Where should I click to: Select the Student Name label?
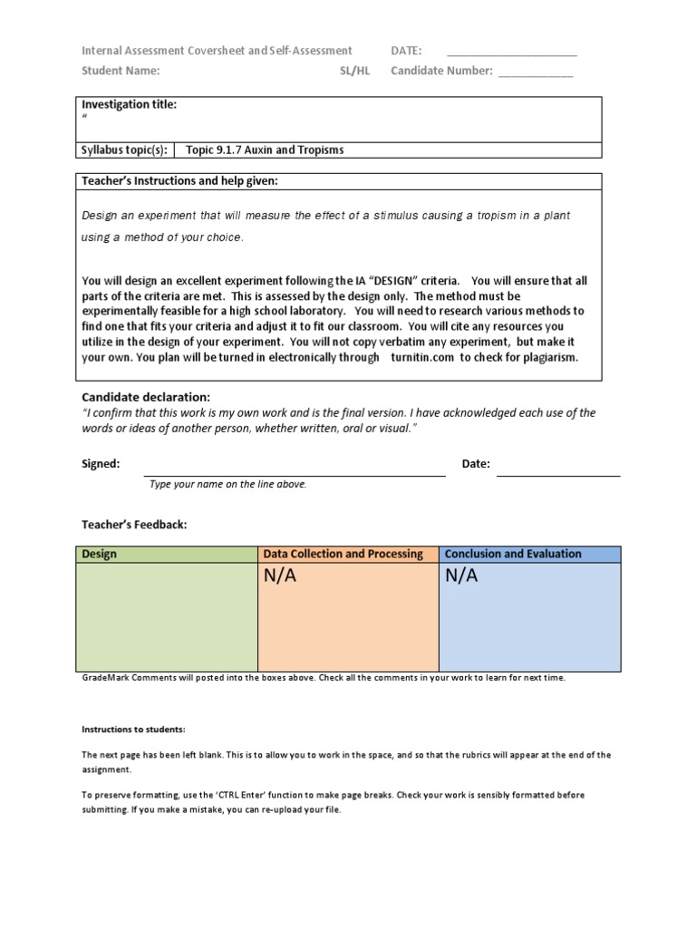121,71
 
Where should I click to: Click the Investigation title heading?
129,104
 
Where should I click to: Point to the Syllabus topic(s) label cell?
124,150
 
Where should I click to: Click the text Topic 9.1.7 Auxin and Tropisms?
265,150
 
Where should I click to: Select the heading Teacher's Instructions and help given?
179,181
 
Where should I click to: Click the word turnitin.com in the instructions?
422,357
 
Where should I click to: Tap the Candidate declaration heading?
146,397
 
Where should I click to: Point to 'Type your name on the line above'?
228,484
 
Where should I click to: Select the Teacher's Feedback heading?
134,524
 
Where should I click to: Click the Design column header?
100,554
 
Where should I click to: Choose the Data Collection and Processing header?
343,554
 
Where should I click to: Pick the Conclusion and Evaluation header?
514,554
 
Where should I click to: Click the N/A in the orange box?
280,576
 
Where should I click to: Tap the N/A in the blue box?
461,576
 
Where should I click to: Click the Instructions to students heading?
133,729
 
